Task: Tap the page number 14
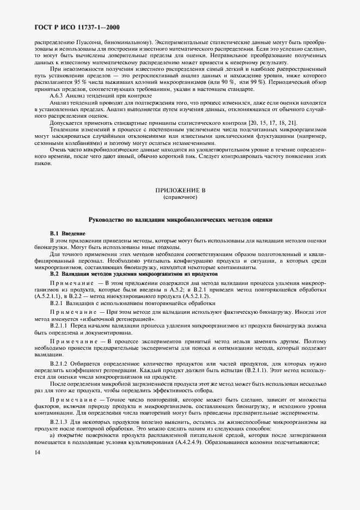pos(37,452)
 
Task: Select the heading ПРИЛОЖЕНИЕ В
pos(180,191)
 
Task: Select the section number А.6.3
pos(58,95)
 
